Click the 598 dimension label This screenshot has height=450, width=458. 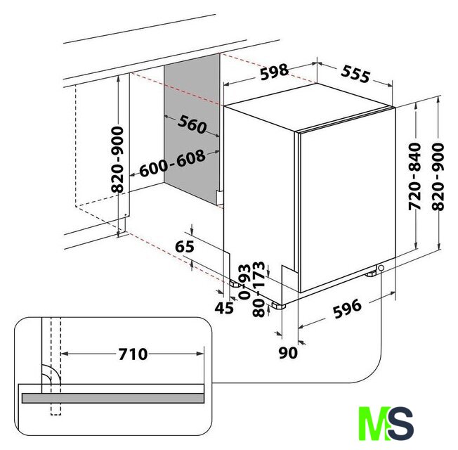tap(274, 72)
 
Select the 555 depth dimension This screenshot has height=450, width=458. tap(355, 74)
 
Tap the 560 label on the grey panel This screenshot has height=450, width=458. tap(192, 124)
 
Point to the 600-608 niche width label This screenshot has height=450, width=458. tap(172, 163)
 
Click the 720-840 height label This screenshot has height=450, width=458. tap(414, 176)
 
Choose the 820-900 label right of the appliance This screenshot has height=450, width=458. tap(438, 176)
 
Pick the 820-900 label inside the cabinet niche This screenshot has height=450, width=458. tap(118, 160)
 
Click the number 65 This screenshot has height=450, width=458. tap(185, 246)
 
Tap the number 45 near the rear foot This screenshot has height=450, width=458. tap(224, 307)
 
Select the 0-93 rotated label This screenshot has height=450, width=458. tap(244, 281)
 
